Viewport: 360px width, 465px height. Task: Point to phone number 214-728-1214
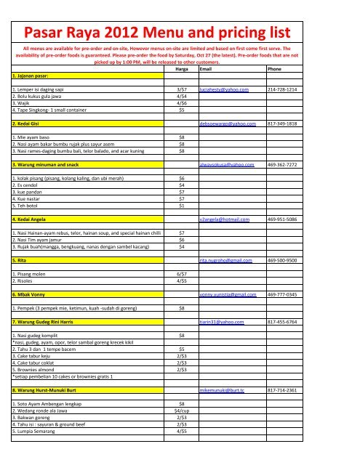(x=282, y=88)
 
